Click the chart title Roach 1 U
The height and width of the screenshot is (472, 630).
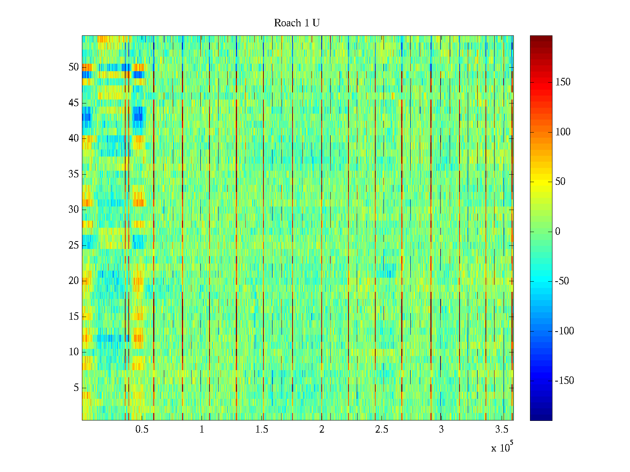pyautogui.click(x=296, y=23)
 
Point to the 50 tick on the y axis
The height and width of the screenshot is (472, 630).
pyautogui.click(x=74, y=67)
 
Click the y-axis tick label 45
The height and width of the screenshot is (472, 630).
pyautogui.click(x=74, y=103)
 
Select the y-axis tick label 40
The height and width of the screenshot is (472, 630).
pyautogui.click(x=74, y=138)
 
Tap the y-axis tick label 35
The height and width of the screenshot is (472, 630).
pyautogui.click(x=74, y=174)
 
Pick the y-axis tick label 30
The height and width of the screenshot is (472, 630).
pyautogui.click(x=74, y=210)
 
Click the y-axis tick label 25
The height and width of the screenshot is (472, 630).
pyautogui.click(x=74, y=245)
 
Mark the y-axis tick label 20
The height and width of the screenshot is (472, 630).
pyautogui.click(x=74, y=281)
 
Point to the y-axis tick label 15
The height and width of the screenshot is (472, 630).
pyautogui.click(x=74, y=317)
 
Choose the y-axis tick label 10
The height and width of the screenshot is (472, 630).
pyautogui.click(x=74, y=352)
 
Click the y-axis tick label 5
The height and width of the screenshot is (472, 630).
pyautogui.click(x=76, y=388)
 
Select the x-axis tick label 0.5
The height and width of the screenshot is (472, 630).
pyautogui.click(x=142, y=430)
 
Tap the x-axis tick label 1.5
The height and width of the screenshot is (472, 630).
pyautogui.click(x=261, y=430)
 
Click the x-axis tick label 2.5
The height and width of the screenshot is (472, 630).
pyautogui.click(x=382, y=430)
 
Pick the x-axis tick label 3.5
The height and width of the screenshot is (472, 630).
pyautogui.click(x=501, y=430)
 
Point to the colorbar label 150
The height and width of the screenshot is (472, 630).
pyautogui.click(x=563, y=82)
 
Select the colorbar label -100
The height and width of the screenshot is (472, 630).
pyautogui.click(x=564, y=331)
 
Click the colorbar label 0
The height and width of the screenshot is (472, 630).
pyautogui.click(x=558, y=232)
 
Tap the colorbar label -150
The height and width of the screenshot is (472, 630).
pyautogui.click(x=564, y=381)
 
